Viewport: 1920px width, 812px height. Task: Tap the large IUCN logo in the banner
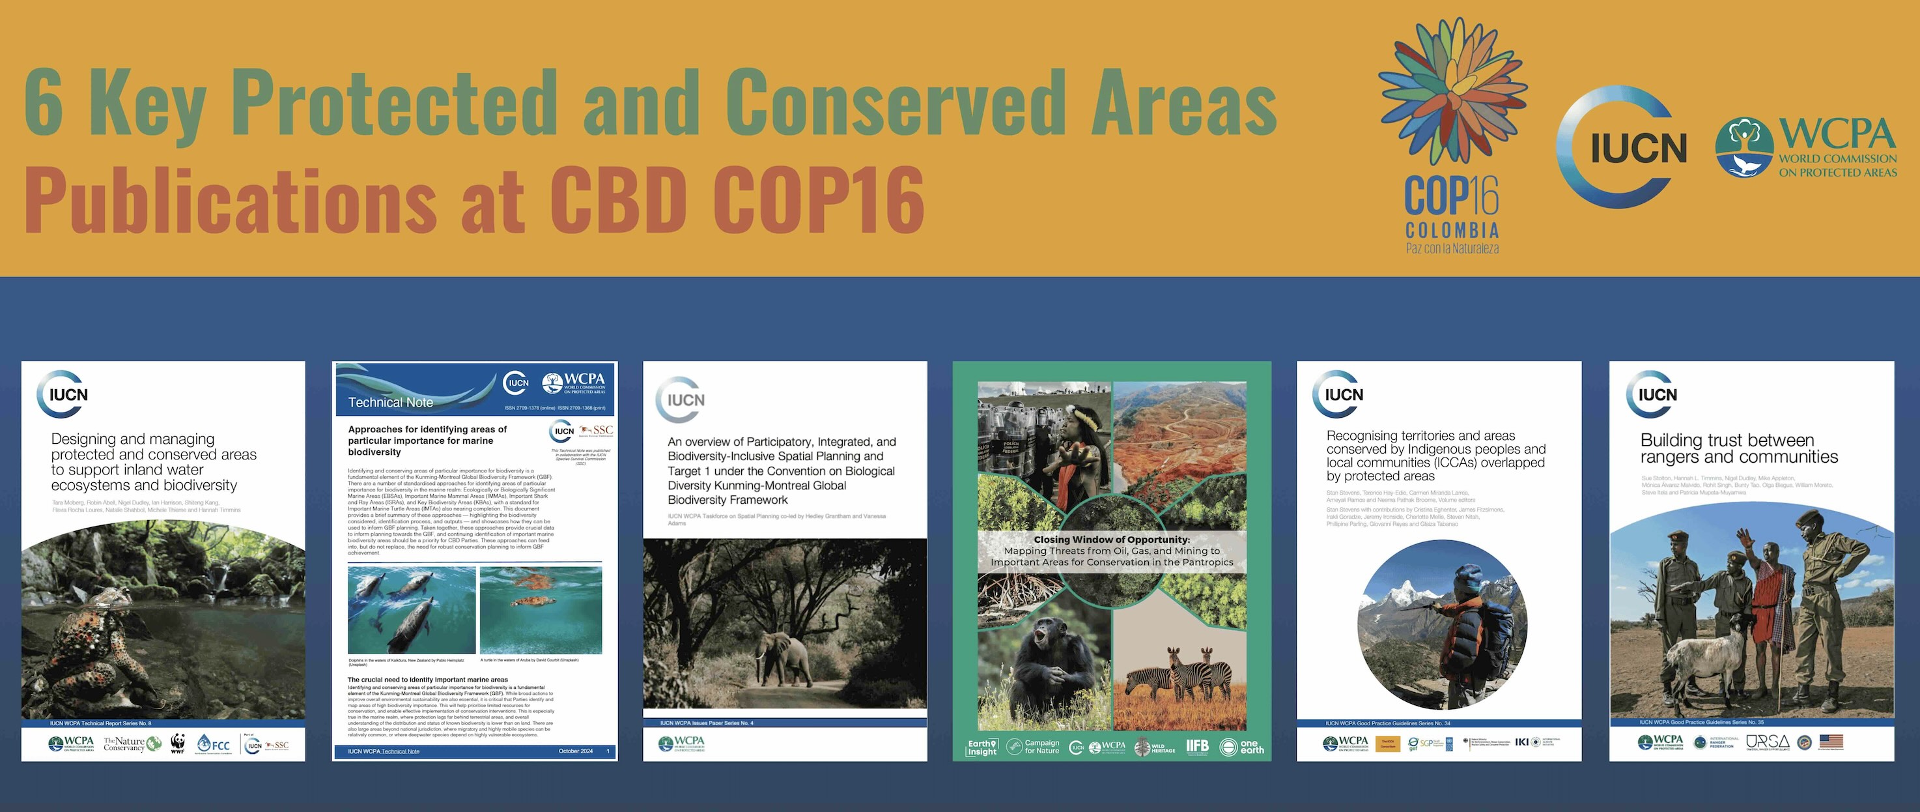pos(1622,147)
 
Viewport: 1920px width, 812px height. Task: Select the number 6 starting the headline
pos(43,103)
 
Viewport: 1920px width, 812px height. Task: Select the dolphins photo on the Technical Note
pos(412,609)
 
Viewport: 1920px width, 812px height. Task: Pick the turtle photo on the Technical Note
pos(541,609)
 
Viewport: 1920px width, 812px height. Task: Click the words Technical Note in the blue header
pos(391,403)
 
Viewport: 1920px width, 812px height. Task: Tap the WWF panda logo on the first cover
pos(177,744)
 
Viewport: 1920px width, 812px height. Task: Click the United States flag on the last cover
pos(1831,741)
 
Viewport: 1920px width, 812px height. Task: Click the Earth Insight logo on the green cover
pos(981,747)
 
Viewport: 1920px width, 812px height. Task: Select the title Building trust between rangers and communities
pos(1739,448)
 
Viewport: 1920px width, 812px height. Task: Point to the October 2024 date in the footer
pos(575,751)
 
